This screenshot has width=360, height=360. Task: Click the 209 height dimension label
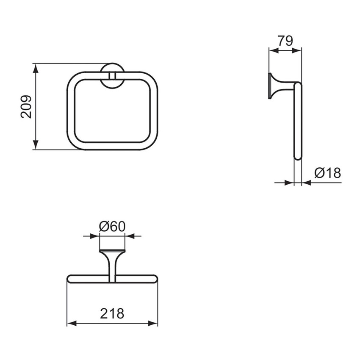point(26,106)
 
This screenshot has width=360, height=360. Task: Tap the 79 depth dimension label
point(285,41)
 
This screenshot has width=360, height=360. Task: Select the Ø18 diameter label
point(327,173)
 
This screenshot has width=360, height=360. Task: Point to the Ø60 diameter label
point(112,227)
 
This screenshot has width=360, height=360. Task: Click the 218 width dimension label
point(112,313)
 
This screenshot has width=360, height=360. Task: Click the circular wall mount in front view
point(112,76)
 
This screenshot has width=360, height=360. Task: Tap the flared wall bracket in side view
point(275,87)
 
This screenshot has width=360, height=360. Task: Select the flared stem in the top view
point(112,263)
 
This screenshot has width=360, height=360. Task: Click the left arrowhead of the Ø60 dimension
point(96,235)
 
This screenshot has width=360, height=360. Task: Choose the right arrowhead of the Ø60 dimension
point(129,235)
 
